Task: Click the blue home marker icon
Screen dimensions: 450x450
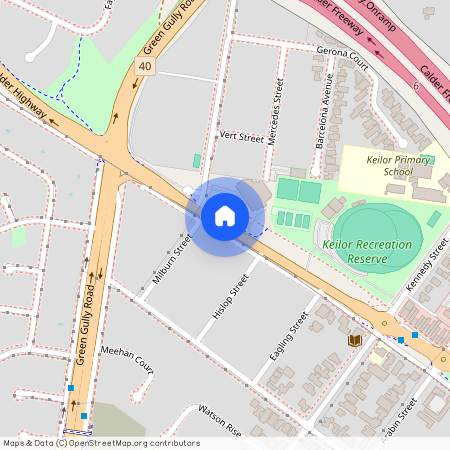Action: click(x=225, y=215)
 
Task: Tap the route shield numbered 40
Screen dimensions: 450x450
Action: click(x=145, y=66)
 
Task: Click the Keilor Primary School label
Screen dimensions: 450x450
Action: click(x=384, y=165)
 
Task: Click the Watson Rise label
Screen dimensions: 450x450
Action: click(x=220, y=420)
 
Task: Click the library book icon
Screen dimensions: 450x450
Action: click(x=353, y=341)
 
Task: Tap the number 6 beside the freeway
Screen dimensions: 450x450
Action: click(x=415, y=87)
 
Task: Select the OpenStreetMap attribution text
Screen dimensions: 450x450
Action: click(x=101, y=443)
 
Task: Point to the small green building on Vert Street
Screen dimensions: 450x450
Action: click(x=197, y=160)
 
